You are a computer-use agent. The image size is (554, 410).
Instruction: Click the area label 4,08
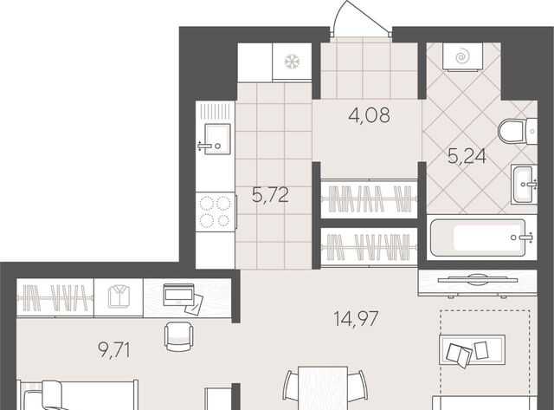coord(370,115)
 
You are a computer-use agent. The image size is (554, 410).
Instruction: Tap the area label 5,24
coord(467,156)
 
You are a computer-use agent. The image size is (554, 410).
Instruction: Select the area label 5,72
coord(270,194)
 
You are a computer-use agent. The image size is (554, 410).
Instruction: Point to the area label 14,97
coord(356,318)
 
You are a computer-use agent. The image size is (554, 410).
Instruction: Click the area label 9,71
coord(114,350)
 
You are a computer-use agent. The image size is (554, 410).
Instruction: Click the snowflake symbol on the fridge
coord(293,62)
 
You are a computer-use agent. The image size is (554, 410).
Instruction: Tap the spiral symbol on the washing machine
coord(461,57)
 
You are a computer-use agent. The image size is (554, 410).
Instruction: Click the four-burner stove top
coord(216,212)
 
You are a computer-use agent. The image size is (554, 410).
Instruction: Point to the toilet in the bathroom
coord(518,131)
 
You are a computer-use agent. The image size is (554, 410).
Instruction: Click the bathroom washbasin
coord(524,184)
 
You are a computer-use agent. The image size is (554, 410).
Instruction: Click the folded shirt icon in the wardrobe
coord(119,296)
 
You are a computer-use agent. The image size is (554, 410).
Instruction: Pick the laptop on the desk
coord(178,295)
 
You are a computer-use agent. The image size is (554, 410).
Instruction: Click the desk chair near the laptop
coord(179,336)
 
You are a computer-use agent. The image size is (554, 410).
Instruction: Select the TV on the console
coord(478,279)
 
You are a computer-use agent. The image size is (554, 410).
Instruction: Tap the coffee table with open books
coord(472,349)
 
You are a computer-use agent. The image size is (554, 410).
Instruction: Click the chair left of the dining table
coord(291,387)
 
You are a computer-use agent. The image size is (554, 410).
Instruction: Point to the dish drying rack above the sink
coord(215,110)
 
